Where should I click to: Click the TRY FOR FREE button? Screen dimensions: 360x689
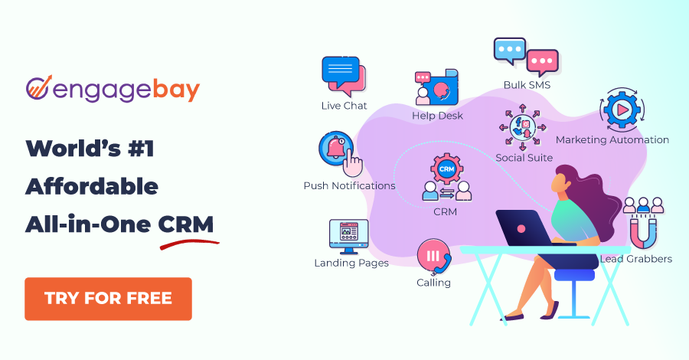(108, 298)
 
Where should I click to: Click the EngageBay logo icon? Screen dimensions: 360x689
(38, 89)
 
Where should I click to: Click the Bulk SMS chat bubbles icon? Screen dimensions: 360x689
(526, 57)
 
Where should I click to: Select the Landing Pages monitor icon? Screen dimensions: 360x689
(349, 236)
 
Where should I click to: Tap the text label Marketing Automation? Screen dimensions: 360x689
(612, 140)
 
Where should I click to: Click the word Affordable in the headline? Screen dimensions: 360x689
(92, 186)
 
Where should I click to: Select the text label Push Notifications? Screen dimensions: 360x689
(349, 186)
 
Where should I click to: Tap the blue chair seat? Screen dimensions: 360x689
(574, 273)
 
